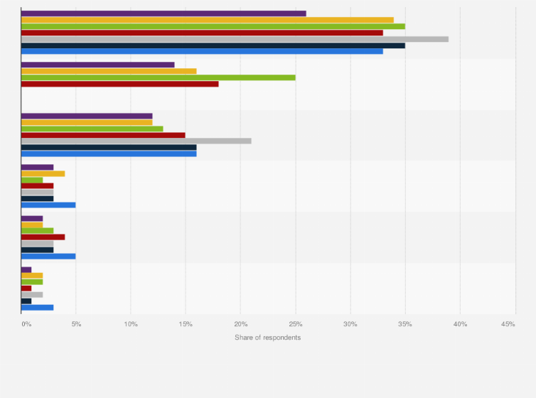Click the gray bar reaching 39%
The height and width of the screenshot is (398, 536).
(235, 38)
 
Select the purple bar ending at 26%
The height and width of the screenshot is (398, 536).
(164, 13)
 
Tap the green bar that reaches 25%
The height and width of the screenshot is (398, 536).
(158, 77)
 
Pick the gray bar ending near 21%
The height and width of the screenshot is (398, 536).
(136, 141)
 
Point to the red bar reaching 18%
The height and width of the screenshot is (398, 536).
(119, 83)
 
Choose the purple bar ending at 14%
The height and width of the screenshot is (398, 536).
(97, 64)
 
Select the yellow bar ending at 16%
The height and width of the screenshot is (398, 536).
(109, 70)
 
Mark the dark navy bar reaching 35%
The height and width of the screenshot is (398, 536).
(213, 45)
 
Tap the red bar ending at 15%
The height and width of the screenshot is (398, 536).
(103, 134)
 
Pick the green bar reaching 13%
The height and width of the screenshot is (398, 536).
(92, 128)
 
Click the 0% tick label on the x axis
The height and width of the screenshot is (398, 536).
(26, 324)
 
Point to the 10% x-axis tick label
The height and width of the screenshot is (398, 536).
(131, 324)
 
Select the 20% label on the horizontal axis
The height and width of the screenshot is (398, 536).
(240, 324)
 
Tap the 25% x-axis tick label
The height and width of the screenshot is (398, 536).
(295, 324)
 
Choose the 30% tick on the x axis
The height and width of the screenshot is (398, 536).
(350, 324)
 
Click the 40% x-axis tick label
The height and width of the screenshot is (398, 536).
(460, 324)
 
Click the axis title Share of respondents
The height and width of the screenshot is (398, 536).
(268, 337)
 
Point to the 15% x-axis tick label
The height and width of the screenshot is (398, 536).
(186, 324)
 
